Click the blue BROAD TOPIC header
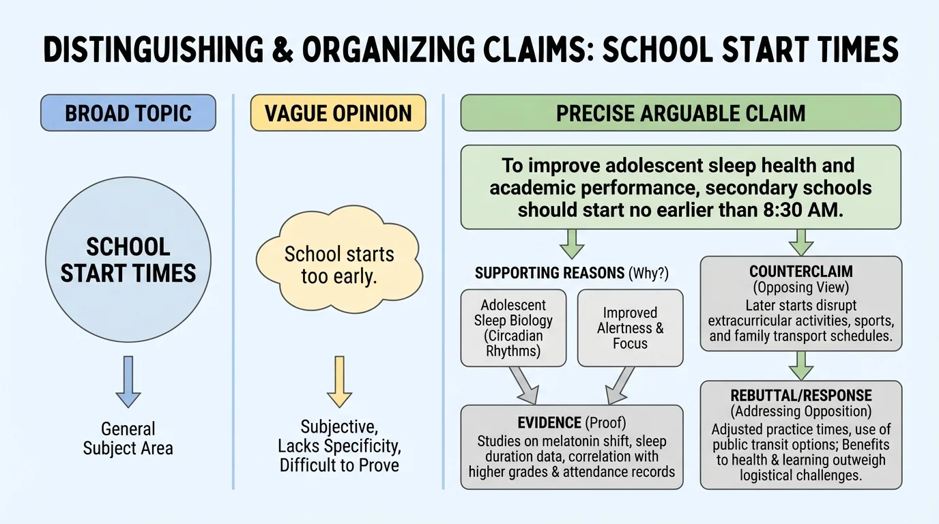[128, 113]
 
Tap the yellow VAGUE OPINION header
[338, 113]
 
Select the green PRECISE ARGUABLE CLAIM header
[680, 113]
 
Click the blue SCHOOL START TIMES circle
[128, 260]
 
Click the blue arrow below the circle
[128, 381]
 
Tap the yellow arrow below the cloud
[339, 381]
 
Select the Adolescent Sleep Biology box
[513, 327]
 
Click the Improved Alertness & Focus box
[630, 327]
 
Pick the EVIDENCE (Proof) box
[571, 447]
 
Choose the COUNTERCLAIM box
[800, 304]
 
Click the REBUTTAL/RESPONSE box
[800, 435]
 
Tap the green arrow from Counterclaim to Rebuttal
[800, 366]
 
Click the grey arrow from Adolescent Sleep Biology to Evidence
[523, 385]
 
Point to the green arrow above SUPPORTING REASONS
[572, 242]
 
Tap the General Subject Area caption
[128, 438]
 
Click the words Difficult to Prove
[339, 465]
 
